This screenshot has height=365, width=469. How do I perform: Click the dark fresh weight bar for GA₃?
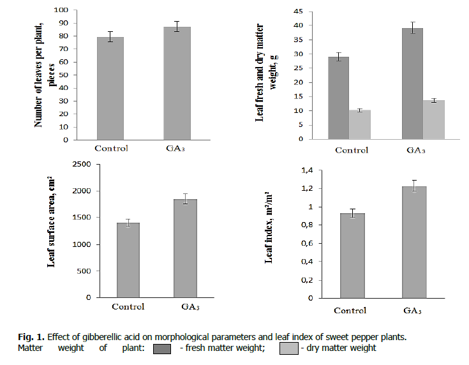coord(412,84)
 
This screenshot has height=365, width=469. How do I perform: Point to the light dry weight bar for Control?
coord(359,124)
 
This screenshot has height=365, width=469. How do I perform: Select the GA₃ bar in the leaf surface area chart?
coord(185,248)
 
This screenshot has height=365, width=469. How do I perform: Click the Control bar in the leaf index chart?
coord(352,255)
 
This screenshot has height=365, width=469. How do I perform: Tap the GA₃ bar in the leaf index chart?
coord(414,242)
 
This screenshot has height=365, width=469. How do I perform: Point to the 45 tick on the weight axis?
coord(298,11)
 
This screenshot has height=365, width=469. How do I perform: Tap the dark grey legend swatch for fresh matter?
coord(162,348)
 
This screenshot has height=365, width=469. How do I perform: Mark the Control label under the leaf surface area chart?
coord(128,307)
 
